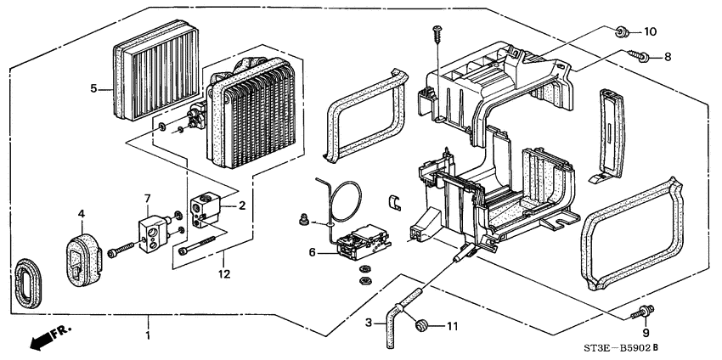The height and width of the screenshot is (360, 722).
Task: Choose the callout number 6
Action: coord(313,252)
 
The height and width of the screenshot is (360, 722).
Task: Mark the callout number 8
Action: coord(668,58)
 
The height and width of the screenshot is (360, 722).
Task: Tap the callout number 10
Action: coord(650,32)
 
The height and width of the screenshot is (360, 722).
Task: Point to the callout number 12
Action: coord(223,274)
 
